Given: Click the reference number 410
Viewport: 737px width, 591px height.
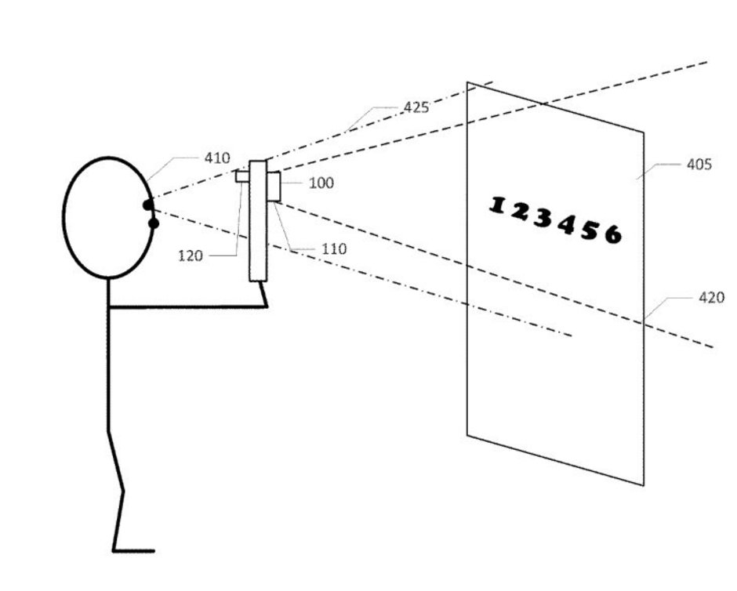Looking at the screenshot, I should tap(217, 158).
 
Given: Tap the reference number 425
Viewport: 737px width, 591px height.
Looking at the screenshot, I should tap(416, 107).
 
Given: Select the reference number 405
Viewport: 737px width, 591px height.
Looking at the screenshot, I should tap(699, 165).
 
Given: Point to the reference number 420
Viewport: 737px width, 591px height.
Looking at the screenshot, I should tap(711, 298).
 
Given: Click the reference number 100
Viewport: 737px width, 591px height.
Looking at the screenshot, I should tap(321, 183).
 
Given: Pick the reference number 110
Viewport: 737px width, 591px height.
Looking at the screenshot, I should tap(334, 249).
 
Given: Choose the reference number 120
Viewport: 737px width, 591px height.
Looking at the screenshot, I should tap(191, 256).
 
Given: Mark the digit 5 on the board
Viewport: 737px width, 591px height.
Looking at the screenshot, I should tap(590, 229).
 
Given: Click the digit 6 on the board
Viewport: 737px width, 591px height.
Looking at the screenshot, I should tap(613, 234).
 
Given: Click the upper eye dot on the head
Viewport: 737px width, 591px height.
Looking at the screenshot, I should tap(147, 205).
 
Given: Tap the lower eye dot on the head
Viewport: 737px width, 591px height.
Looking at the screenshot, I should tap(153, 223).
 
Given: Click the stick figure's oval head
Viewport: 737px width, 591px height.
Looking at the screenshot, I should tap(106, 218).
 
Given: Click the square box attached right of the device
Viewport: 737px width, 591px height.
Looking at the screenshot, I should tap(274, 187).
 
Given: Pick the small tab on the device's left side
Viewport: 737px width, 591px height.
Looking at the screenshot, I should tap(242, 177).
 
